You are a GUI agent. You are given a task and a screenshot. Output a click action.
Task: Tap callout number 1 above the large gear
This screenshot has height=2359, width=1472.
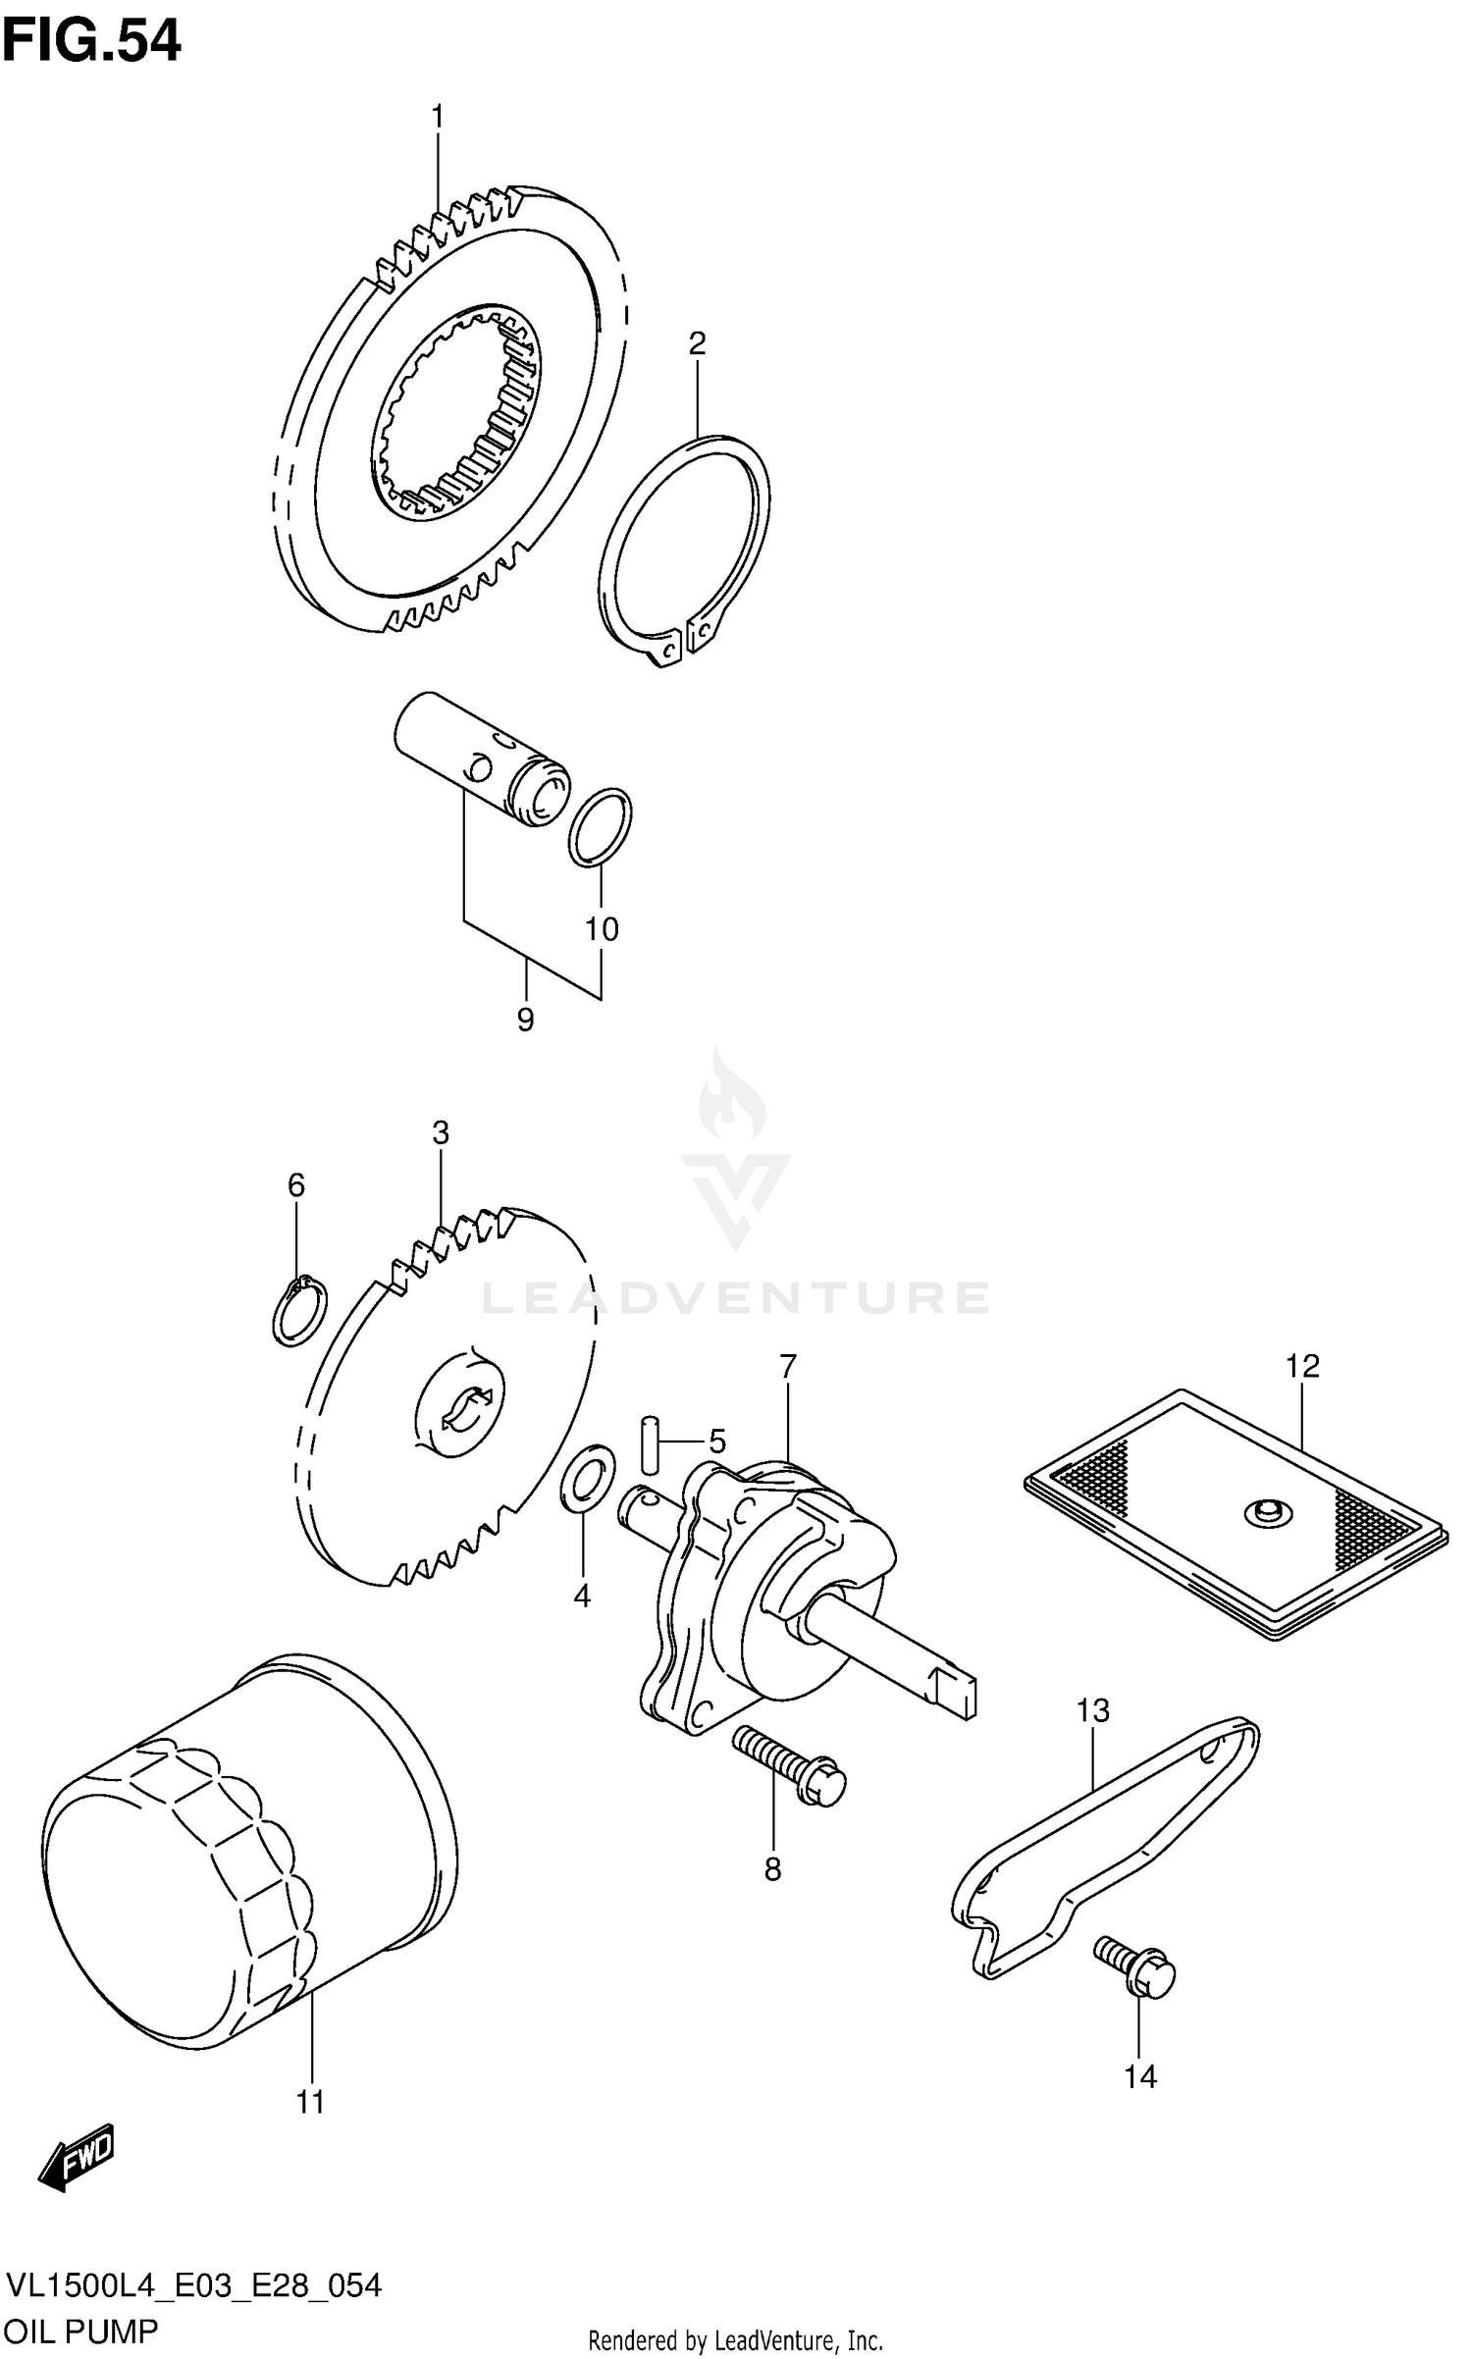pos(438,118)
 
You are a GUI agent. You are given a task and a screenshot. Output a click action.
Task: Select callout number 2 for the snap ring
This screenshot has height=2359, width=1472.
pos(697,344)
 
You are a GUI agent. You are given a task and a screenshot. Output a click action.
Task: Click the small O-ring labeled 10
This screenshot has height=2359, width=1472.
pos(600,826)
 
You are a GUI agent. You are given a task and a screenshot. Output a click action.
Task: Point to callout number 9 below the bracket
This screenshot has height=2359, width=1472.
pos(525,1021)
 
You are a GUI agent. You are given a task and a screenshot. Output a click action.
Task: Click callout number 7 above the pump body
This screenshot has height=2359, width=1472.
pos(788,1366)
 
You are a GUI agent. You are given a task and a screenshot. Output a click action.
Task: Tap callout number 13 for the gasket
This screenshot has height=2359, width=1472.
pos(1092,1710)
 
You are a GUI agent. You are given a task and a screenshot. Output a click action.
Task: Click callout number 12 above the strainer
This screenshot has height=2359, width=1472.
pos(1303,1365)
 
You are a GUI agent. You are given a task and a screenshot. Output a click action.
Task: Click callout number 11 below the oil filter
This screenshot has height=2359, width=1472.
pos(310,2102)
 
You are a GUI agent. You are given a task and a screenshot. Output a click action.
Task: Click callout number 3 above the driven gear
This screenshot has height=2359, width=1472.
pos(441,1133)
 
